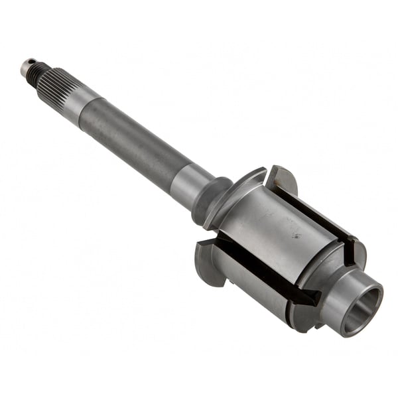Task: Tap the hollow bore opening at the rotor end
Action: [x=364, y=308]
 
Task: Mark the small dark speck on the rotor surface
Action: [x=297, y=235]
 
